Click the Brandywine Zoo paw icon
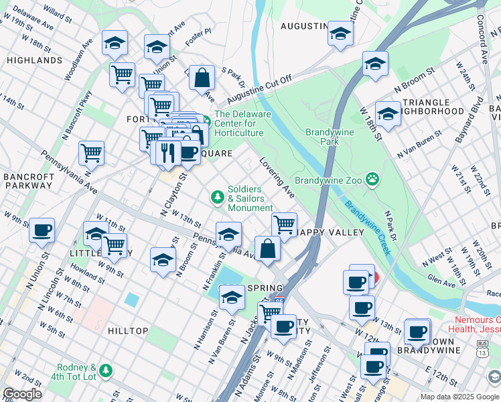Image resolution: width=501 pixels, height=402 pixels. point(372,180)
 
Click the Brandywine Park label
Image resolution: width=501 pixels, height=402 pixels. point(328,137)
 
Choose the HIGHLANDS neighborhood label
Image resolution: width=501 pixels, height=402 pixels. point(33,60)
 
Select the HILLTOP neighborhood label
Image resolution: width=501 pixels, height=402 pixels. point(127,331)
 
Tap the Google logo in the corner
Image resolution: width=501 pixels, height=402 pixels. point(22,394)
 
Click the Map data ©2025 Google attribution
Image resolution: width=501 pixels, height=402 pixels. point(459,397)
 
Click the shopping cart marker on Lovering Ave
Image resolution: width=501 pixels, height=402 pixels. point(285,224)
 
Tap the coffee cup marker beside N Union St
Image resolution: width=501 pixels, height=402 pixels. point(42,230)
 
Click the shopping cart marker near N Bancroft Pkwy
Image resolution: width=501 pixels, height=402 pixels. point(91,153)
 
